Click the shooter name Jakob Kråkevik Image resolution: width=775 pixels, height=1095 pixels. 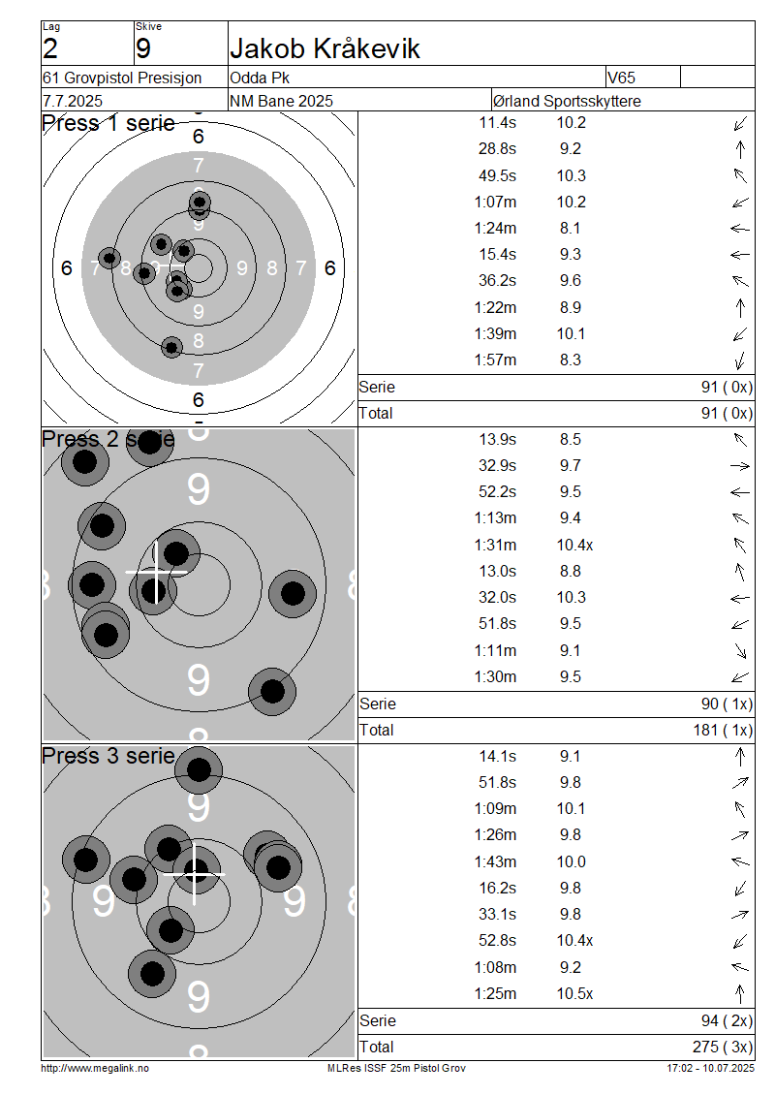(325, 48)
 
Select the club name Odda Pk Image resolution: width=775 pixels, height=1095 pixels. (260, 78)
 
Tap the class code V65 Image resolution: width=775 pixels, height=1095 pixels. (621, 78)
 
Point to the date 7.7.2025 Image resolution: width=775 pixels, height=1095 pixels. (73, 101)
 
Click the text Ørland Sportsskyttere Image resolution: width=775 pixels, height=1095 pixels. (567, 101)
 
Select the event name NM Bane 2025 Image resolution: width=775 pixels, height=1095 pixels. (281, 101)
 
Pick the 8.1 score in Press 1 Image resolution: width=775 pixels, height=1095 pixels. (570, 229)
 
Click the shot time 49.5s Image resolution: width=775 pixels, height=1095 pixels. (497, 175)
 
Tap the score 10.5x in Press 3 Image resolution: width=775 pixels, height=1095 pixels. (574, 994)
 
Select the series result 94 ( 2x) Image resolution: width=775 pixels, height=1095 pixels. (727, 1021)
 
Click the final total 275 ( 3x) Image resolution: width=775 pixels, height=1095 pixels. (723, 1047)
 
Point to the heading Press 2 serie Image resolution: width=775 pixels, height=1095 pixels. (108, 439)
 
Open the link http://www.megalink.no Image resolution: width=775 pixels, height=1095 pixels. (95, 1069)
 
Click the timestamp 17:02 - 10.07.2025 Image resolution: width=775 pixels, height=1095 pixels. (711, 1069)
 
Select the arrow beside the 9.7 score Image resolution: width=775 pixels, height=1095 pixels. (740, 466)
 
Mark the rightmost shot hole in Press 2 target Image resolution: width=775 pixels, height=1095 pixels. (293, 594)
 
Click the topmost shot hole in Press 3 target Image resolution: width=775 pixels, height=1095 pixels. (199, 769)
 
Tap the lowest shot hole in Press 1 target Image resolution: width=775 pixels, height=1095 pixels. (171, 346)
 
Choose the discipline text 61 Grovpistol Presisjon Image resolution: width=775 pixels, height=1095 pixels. (122, 78)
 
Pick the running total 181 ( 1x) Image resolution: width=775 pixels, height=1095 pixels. (723, 730)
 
